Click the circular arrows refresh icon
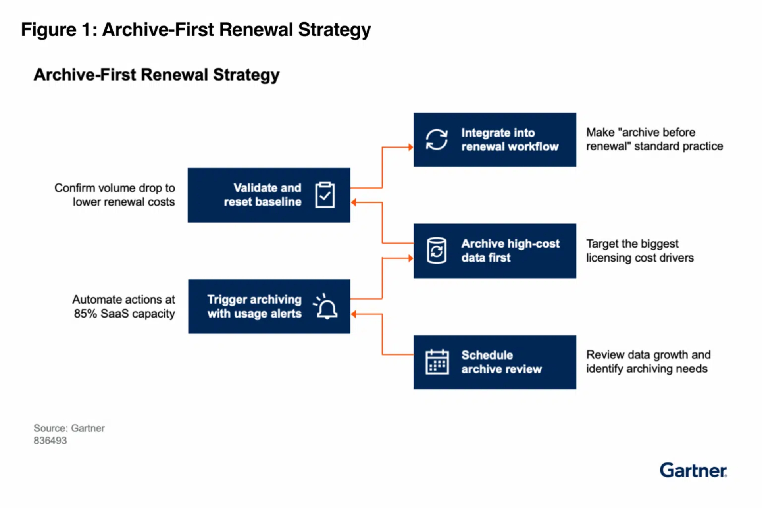437,139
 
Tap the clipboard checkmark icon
325,195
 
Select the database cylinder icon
437,250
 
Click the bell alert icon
326,307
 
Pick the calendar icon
437,362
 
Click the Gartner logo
693,470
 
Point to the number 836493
50,441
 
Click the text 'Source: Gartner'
69,428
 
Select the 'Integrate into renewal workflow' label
510,140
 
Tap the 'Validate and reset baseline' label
263,195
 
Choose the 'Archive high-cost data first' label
510,250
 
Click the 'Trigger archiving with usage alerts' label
254,306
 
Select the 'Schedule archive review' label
501,362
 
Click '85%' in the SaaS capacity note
85,314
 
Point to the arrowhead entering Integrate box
410,147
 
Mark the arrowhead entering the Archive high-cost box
410,258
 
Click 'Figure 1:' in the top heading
59,30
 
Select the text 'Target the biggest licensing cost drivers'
640,250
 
